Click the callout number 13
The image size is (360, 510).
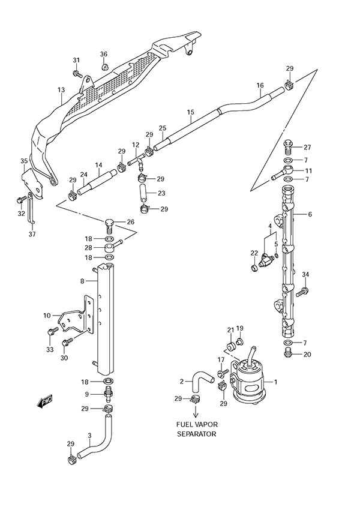point(61,90)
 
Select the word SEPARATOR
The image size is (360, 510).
point(196,433)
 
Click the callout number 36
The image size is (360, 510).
point(104,55)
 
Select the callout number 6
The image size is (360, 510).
point(310,214)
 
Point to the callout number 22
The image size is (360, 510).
point(254,253)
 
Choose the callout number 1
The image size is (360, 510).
point(275,382)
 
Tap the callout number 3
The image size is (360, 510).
point(89,435)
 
